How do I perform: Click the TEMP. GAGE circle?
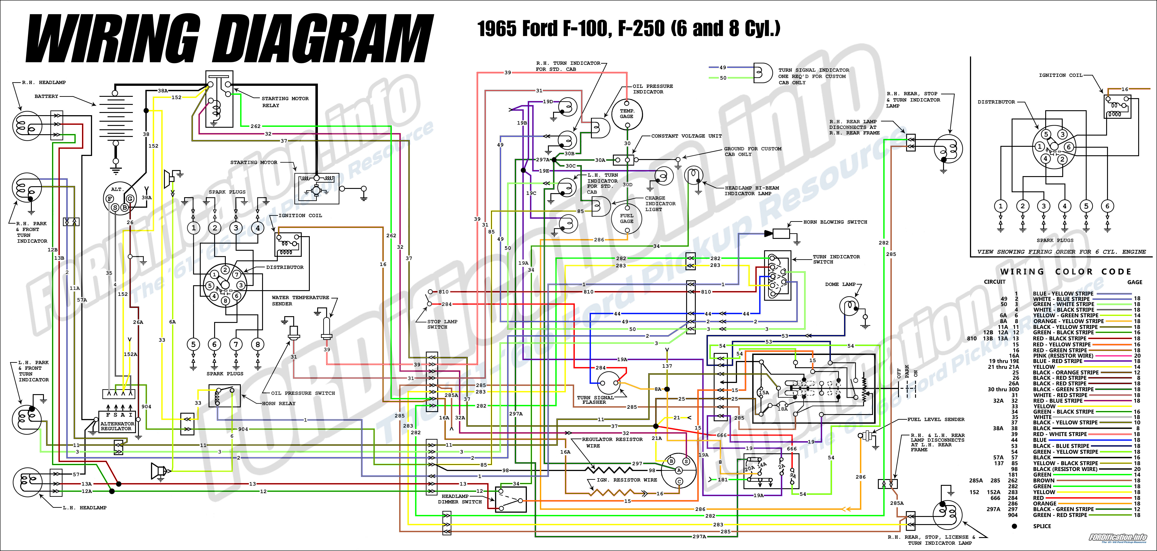(627, 114)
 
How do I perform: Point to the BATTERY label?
(46, 96)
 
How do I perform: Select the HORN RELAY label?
(278, 403)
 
